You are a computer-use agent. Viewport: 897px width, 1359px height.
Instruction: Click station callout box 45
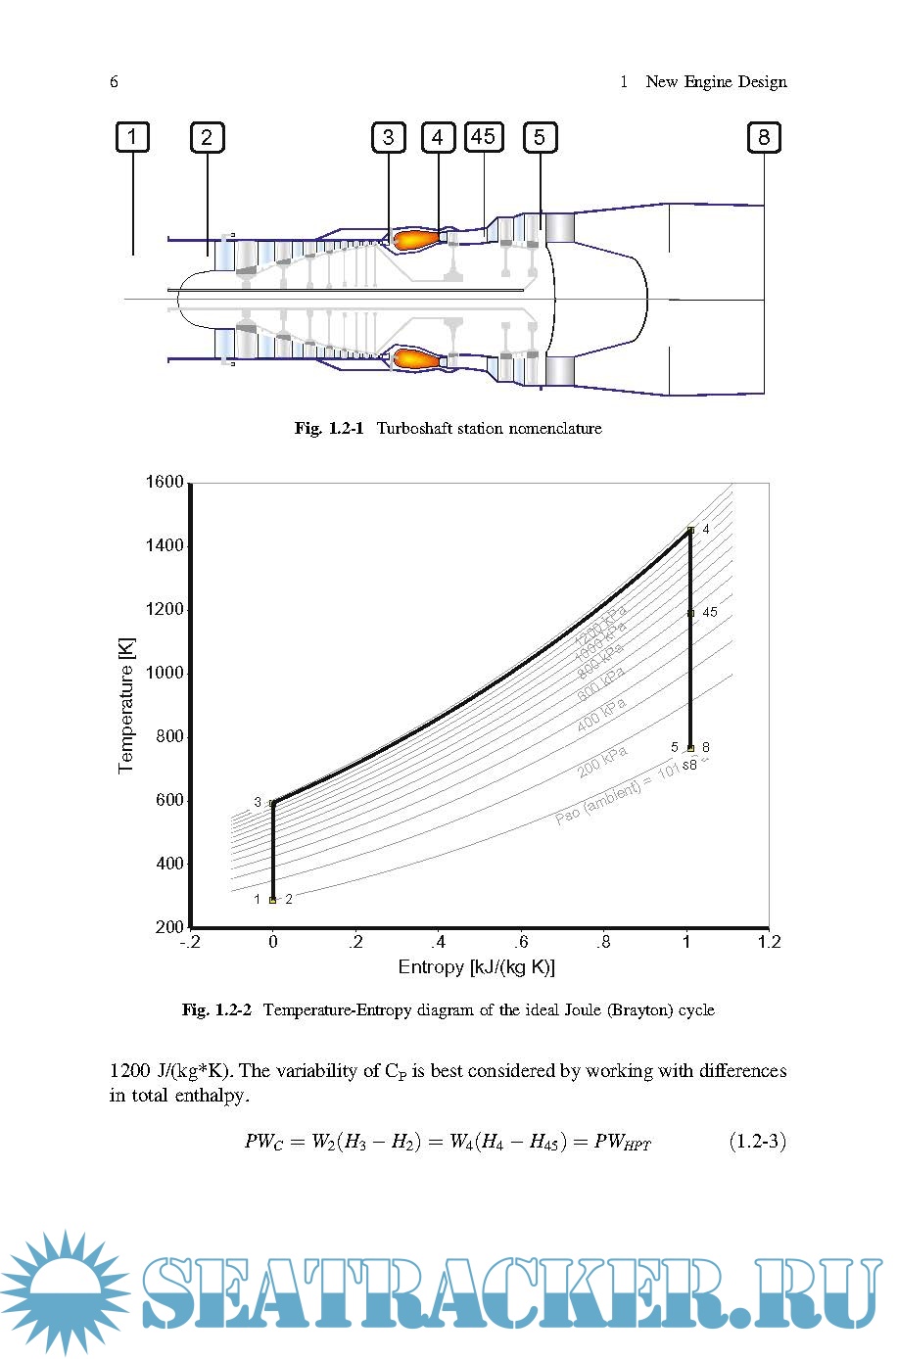click(484, 136)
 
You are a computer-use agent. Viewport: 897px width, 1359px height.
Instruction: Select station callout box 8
click(764, 137)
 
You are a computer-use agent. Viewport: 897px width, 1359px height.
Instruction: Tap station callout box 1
click(132, 137)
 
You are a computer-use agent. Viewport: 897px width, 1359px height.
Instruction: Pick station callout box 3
click(389, 137)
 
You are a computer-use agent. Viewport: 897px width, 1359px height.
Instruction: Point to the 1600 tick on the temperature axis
click(165, 482)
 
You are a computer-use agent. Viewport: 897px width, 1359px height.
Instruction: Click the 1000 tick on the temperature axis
click(165, 673)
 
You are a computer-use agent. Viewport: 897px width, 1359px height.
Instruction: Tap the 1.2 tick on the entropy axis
click(770, 942)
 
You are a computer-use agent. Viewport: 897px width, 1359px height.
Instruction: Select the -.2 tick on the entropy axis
click(190, 942)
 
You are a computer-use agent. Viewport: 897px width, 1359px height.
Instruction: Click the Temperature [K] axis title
click(126, 705)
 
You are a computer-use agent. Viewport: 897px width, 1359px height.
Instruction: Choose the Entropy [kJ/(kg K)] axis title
click(477, 967)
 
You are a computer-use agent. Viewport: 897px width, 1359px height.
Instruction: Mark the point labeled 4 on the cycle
click(691, 530)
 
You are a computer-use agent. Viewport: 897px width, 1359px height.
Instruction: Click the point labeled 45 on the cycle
click(691, 613)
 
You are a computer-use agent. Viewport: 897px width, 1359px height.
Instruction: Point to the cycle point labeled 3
click(273, 803)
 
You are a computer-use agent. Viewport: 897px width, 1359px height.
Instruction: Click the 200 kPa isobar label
click(601, 762)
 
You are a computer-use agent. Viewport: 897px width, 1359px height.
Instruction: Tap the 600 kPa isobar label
click(600, 683)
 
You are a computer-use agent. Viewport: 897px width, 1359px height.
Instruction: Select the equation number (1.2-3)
click(758, 1141)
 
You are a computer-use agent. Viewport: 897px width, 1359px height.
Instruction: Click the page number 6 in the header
click(115, 82)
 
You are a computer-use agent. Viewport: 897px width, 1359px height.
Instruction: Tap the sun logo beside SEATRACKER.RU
click(65, 1291)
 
